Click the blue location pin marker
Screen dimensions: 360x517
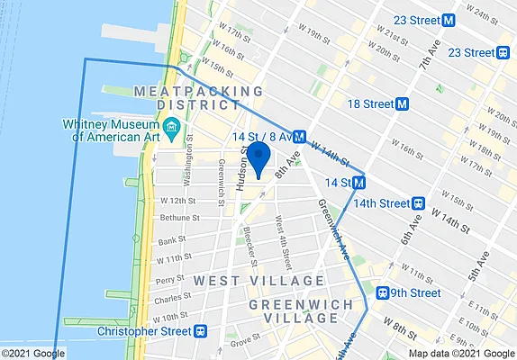[258, 157]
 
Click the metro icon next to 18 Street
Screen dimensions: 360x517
[403, 103]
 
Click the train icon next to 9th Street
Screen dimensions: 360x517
[383, 292]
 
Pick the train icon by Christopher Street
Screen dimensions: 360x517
[199, 331]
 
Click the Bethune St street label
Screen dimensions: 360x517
[177, 218]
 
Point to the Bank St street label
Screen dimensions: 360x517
[169, 241]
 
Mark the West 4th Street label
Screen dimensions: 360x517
[282, 243]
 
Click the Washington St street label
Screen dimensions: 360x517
[189, 160]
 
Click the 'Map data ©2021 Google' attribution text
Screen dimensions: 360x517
[462, 353]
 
